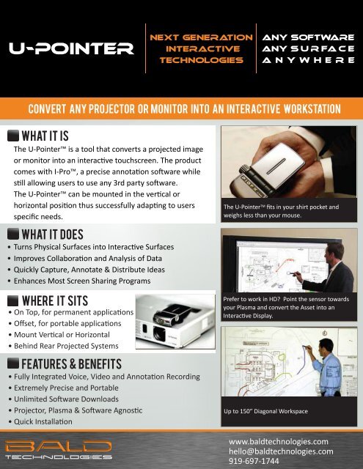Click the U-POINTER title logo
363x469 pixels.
[x=71, y=48]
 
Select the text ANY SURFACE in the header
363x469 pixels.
[x=308, y=48]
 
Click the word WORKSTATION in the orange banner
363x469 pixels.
[x=312, y=109]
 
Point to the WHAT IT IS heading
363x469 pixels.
[x=45, y=136]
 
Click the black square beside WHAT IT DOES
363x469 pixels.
[x=13, y=234]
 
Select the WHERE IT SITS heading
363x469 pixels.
[x=55, y=300]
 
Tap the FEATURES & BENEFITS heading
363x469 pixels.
[x=72, y=364]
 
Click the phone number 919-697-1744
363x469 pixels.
[x=254, y=461]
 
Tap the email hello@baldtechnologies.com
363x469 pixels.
[x=281, y=451]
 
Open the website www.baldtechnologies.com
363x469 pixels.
[x=279, y=442]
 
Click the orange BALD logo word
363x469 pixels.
[x=59, y=446]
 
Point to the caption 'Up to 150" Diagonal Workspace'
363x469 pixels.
[x=265, y=411]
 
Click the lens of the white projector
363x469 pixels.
[x=160, y=333]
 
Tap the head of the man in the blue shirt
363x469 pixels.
[x=326, y=346]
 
